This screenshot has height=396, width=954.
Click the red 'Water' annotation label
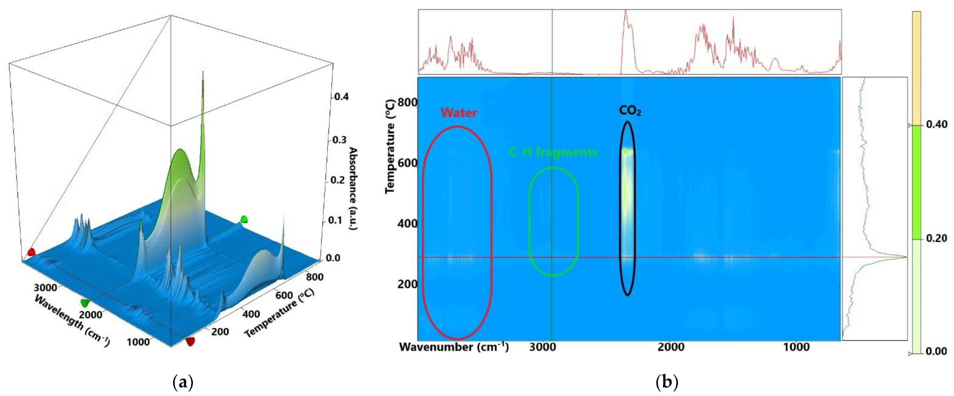tap(459, 113)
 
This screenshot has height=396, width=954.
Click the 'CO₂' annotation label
tap(630, 111)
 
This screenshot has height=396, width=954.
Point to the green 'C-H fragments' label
tap(553, 152)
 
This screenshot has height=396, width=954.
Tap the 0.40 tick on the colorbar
tap(936, 125)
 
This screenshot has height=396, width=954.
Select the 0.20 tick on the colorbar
tap(936, 238)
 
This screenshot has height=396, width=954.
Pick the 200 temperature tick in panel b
tap(407, 284)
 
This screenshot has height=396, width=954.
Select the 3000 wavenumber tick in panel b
tap(542, 347)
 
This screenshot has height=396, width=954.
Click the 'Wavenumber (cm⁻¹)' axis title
tap(454, 347)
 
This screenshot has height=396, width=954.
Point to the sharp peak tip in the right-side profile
tap(906, 257)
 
